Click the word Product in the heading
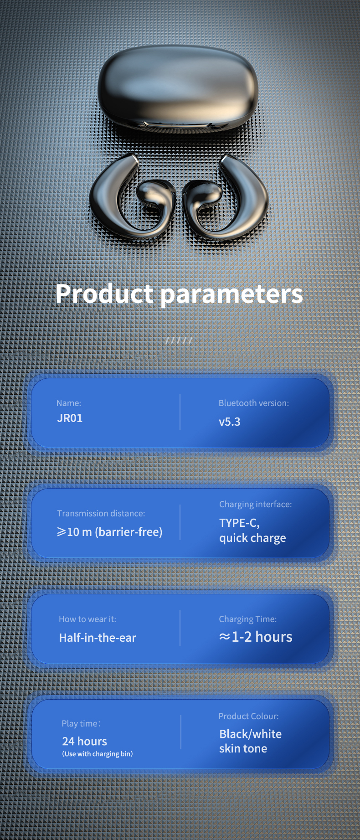pos(104,294)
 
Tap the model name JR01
pos(70,418)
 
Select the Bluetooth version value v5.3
pos(229,422)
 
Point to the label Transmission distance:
pos(101,513)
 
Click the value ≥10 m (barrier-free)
pos(109,532)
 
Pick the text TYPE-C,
pos(239,523)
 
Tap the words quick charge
pos(252,538)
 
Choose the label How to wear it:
pos(87,619)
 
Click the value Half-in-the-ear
pos(98,638)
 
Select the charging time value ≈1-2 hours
pos(256,637)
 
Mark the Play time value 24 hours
pos(85,742)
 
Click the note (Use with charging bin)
pos(98,754)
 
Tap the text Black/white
pos(250,734)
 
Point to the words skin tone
pos(243,748)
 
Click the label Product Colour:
pos(248,716)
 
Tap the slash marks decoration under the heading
pos(179,340)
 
